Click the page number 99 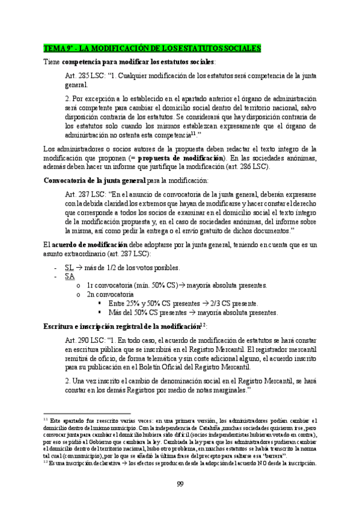click(180, 485)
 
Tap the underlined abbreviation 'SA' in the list click(70, 275)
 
